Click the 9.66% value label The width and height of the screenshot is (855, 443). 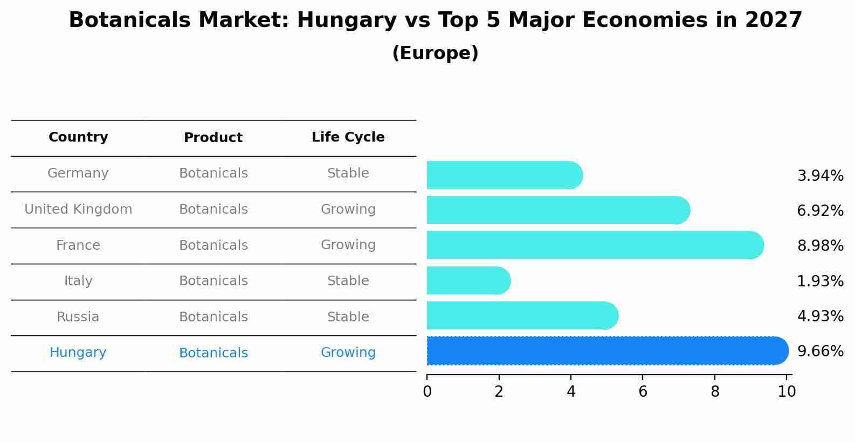click(820, 351)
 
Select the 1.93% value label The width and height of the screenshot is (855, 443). click(820, 281)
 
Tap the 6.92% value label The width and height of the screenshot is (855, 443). click(820, 211)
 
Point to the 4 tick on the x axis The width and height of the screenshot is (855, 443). click(571, 391)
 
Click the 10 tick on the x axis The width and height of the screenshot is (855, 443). click(787, 391)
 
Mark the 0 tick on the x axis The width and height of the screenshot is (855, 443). click(427, 391)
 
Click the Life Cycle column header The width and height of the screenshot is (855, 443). click(348, 137)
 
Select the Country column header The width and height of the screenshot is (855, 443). click(78, 137)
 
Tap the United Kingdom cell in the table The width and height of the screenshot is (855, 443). click(78, 209)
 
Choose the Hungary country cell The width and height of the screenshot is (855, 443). click(78, 353)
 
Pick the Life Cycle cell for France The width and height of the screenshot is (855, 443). click(348, 245)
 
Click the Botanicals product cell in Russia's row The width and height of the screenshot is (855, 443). click(213, 317)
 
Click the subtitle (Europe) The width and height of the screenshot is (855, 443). click(435, 53)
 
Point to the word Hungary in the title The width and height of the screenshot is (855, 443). click(347, 20)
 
